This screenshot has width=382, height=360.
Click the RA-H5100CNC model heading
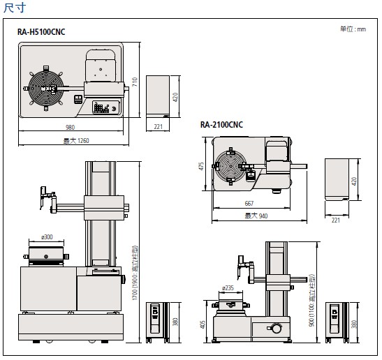click(41, 32)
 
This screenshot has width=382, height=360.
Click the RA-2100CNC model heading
click(221, 125)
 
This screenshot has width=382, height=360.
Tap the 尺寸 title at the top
click(15, 8)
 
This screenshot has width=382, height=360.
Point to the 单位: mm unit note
click(353, 29)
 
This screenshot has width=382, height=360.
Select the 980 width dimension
click(70, 127)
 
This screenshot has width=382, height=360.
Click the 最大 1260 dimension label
click(76, 141)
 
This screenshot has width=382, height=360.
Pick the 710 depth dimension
click(135, 82)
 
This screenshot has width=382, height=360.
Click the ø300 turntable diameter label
click(47, 237)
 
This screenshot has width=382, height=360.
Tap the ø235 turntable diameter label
click(228, 288)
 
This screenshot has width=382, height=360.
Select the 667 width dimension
click(249, 203)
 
